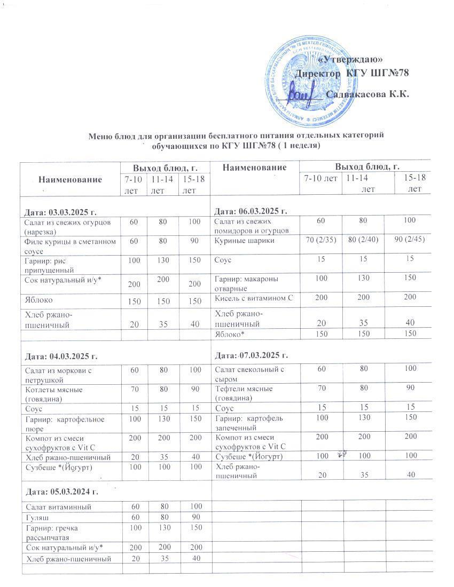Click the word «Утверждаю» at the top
point(353,59)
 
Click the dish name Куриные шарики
point(245,241)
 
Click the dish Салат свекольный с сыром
point(248,374)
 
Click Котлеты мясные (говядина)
point(53,394)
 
